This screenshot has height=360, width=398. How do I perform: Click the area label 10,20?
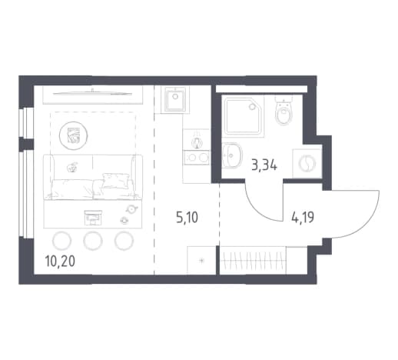pyautogui.click(x=60, y=262)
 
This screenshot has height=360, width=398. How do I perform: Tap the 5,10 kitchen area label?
pyautogui.click(x=187, y=218)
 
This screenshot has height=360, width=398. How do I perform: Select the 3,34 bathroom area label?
pyautogui.click(x=264, y=165)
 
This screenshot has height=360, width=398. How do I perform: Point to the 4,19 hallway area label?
pyautogui.click(x=303, y=218)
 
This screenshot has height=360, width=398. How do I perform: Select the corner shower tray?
pyautogui.click(x=244, y=115)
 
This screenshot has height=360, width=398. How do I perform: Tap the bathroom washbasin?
pyautogui.click(x=231, y=155)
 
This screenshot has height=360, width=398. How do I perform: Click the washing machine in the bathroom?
pyautogui.click(x=307, y=163)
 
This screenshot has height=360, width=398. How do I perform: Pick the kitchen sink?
pyautogui.click(x=175, y=99)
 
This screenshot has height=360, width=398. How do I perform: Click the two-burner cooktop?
pyautogui.click(x=197, y=157)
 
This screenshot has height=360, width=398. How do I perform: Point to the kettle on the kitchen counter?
pyautogui.click(x=197, y=141)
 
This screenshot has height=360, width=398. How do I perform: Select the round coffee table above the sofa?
pyautogui.click(x=73, y=135)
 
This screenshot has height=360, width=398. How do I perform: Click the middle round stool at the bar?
pyautogui.click(x=93, y=241)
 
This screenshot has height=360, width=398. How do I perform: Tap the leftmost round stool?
pyautogui.click(x=61, y=241)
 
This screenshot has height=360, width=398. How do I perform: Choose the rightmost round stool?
pyautogui.click(x=124, y=241)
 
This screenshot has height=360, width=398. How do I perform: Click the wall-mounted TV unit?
pyautogui.click(x=92, y=95)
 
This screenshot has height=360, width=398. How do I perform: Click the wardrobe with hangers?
pyautogui.click(x=253, y=261)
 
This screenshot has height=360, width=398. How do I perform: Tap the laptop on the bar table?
pyautogui.click(x=93, y=218)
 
